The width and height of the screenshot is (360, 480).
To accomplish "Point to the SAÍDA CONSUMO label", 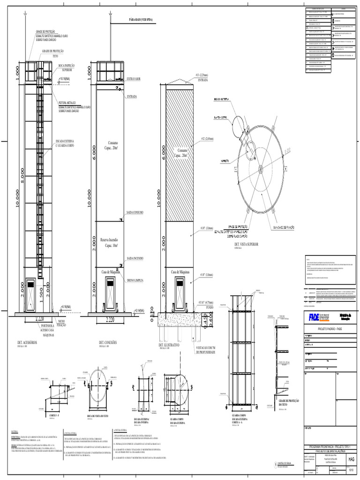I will point(135,212).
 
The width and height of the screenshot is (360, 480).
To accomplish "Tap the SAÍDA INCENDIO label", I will point(135,258).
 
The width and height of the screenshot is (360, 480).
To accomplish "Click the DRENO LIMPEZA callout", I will point(135,280).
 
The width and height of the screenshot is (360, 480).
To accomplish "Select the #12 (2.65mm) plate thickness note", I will point(207,139).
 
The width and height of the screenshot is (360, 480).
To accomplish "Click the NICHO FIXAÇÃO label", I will point(61,323).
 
